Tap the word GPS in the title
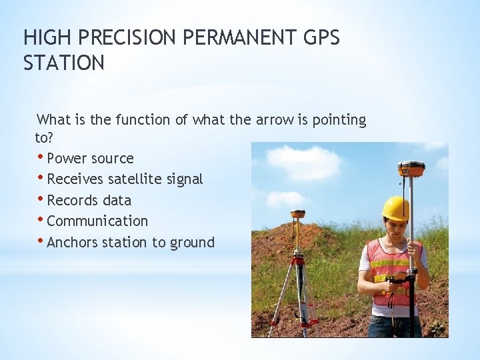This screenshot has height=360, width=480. (x=321, y=38)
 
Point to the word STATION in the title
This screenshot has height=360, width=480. (x=64, y=63)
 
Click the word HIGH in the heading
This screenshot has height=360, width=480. (x=43, y=38)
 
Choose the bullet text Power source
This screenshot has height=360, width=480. (x=90, y=159)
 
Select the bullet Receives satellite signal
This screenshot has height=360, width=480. (x=125, y=179)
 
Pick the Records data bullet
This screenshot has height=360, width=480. (x=89, y=200)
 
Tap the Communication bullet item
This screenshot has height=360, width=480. (x=97, y=221)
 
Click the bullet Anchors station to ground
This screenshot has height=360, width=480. (x=131, y=242)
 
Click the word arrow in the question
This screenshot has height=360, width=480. (x=275, y=120)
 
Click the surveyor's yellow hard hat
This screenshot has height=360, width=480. (x=395, y=208)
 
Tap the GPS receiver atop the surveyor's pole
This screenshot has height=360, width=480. (x=411, y=168)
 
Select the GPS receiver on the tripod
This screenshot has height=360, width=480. (x=298, y=215)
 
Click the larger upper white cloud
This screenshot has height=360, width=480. (x=303, y=161)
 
